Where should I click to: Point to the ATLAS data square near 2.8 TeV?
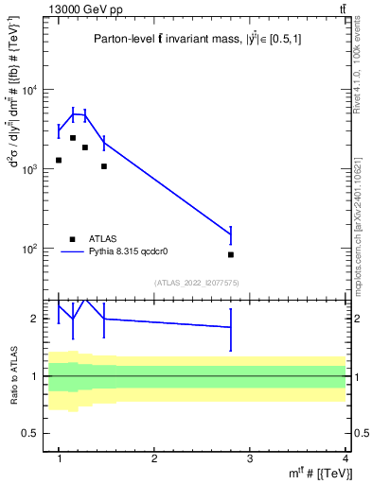coord(231,254)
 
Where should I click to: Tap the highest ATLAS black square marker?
coord(73,138)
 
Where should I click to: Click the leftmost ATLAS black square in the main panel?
coord(59,160)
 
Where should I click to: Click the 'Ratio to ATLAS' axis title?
coord(14,376)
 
